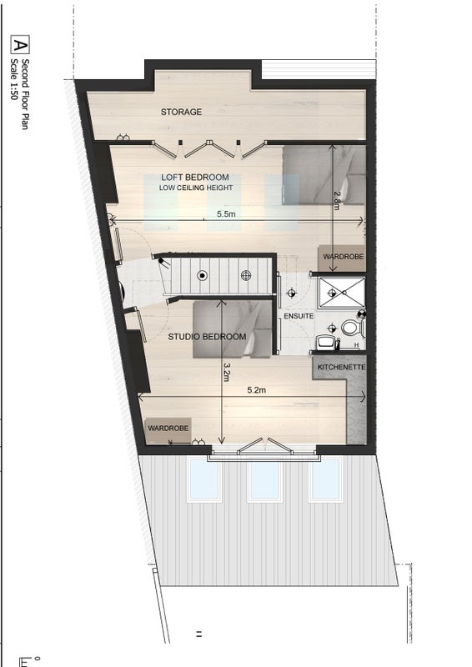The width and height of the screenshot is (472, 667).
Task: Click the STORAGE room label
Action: point(181,112)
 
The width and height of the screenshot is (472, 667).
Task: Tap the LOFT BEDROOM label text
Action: point(195,177)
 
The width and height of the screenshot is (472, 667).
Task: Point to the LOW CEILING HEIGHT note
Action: point(196,188)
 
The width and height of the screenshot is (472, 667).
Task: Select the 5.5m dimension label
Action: point(226,214)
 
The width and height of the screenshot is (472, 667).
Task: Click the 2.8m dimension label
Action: point(337,200)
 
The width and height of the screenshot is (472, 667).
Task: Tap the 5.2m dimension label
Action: point(257,390)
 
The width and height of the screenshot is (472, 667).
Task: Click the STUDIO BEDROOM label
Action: point(207,337)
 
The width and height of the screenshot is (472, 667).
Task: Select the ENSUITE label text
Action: point(299,316)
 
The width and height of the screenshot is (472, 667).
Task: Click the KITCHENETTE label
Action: point(341,367)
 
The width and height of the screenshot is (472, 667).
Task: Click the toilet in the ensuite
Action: point(352,328)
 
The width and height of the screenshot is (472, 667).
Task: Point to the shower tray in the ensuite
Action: point(342,293)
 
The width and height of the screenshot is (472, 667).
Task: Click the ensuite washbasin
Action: point(326,342)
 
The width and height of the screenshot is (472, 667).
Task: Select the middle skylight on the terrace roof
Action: point(264,480)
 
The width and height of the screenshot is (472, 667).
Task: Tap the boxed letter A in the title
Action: point(19,45)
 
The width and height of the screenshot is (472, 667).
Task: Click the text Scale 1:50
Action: point(14,79)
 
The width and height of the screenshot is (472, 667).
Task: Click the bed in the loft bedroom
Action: point(324,175)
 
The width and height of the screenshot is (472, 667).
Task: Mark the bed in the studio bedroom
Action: point(233,329)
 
